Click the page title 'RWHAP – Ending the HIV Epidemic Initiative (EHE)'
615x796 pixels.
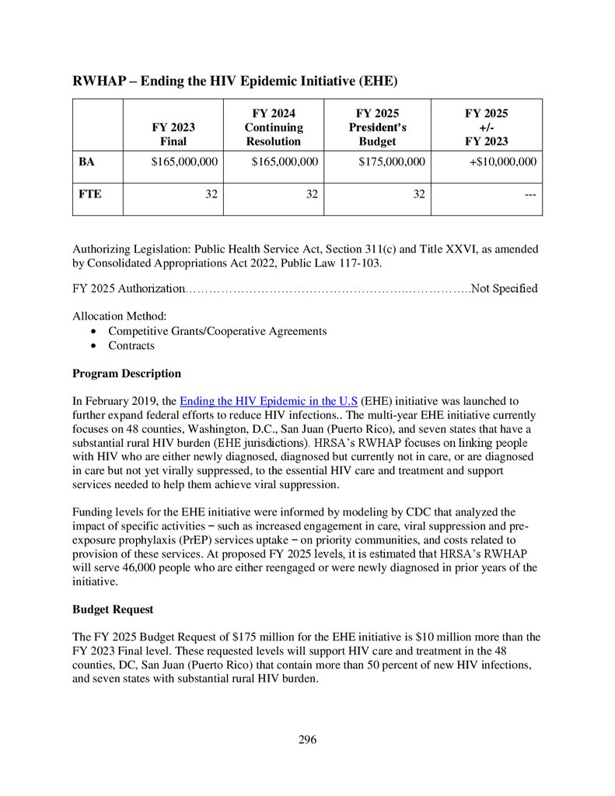click(236, 81)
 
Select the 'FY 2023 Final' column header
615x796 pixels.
click(173, 134)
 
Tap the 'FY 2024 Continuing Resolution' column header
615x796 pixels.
click(274, 127)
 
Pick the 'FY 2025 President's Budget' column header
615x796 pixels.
click(377, 127)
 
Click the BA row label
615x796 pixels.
click(87, 162)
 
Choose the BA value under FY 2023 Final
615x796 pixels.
click(183, 162)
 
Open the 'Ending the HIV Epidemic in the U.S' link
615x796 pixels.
click(268, 401)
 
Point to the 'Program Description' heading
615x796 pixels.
click(127, 373)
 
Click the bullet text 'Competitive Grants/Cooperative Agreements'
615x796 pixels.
click(217, 331)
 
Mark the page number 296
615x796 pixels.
click(307, 739)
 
